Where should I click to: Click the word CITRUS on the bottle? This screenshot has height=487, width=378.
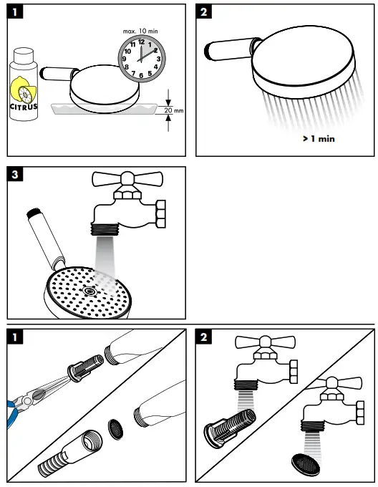click(x=24, y=107)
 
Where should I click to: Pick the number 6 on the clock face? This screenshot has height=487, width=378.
click(x=141, y=74)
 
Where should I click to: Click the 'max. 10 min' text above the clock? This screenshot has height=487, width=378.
click(x=141, y=30)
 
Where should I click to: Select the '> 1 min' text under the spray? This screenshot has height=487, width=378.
click(x=318, y=139)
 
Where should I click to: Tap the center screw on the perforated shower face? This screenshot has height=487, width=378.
click(x=89, y=291)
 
